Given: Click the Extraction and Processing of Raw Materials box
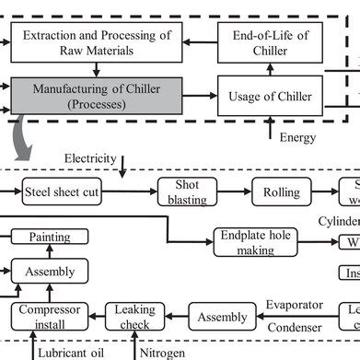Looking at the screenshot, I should pos(98,42).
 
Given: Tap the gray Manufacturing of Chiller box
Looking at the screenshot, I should pos(98,96).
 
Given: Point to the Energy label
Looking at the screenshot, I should pos(297,138).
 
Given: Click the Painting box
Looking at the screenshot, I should pos(49,238).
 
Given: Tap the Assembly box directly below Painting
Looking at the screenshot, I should pos(49,272).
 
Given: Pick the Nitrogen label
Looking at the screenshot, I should pos(164,353).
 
